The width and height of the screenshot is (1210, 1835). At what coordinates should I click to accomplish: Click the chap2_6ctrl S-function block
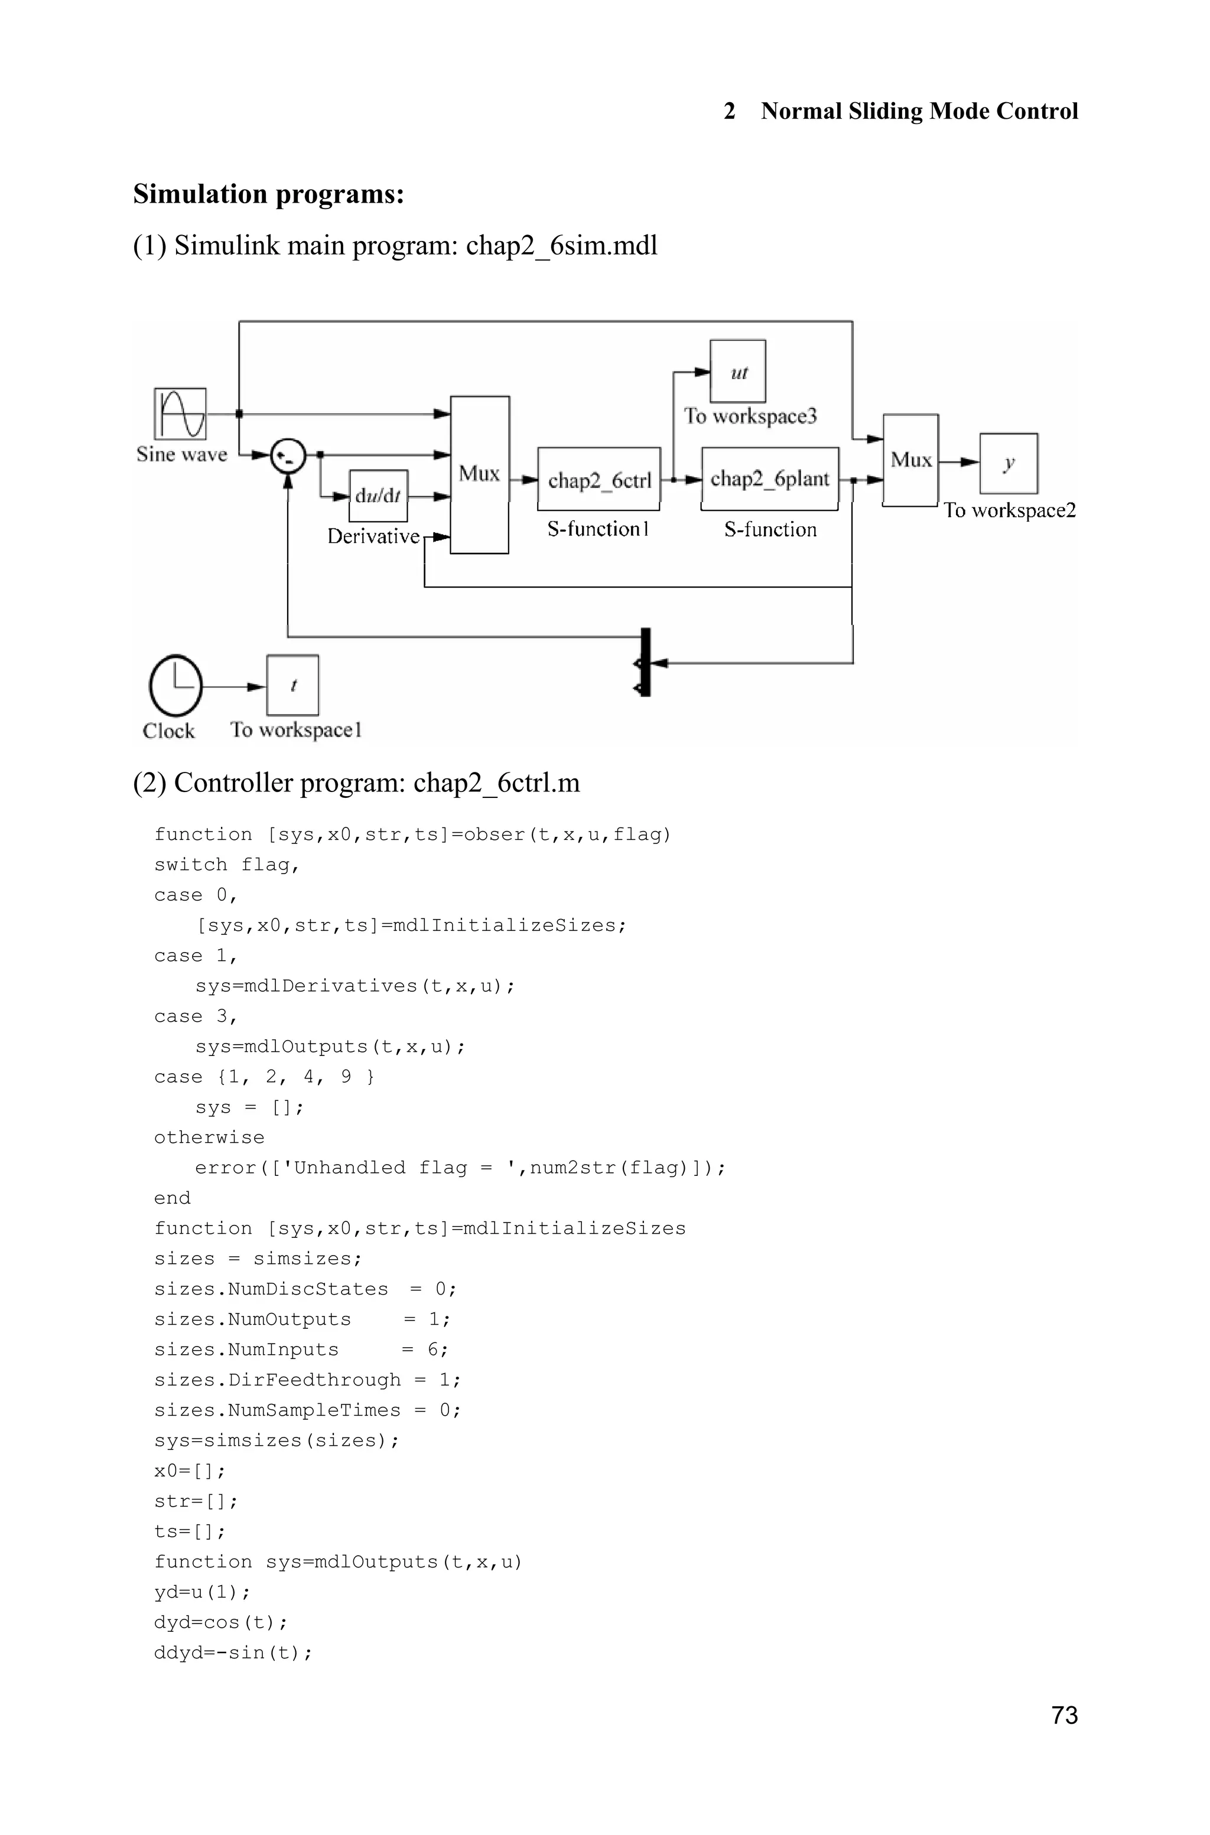[x=599, y=480]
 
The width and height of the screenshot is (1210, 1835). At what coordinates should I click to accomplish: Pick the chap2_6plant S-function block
[x=769, y=479]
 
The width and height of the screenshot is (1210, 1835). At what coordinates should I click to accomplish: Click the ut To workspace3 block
[x=738, y=371]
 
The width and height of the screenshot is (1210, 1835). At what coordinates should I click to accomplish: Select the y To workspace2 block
[x=1009, y=463]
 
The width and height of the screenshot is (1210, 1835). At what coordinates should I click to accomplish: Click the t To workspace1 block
[x=292, y=685]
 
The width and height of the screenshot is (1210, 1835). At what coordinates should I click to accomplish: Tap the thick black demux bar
[x=646, y=662]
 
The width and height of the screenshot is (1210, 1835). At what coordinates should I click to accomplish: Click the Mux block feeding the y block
[x=910, y=461]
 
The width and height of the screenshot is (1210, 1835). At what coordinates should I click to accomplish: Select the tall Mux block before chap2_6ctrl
[x=479, y=474]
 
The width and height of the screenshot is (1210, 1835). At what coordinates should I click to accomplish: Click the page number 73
[x=1064, y=1715]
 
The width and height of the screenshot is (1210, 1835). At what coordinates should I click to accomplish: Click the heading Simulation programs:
[x=269, y=194]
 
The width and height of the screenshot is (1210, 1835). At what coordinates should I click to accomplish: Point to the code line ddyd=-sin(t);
[x=233, y=1652]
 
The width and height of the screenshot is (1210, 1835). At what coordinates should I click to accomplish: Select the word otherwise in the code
[x=209, y=1137]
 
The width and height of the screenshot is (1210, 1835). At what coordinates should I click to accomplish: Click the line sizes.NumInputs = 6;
[x=301, y=1349]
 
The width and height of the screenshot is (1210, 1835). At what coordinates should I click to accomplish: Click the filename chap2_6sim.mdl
[x=561, y=245]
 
